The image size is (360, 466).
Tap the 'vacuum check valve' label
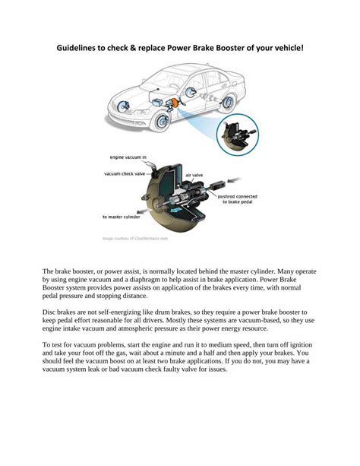124,173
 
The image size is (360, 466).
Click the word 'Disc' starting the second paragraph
49,312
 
